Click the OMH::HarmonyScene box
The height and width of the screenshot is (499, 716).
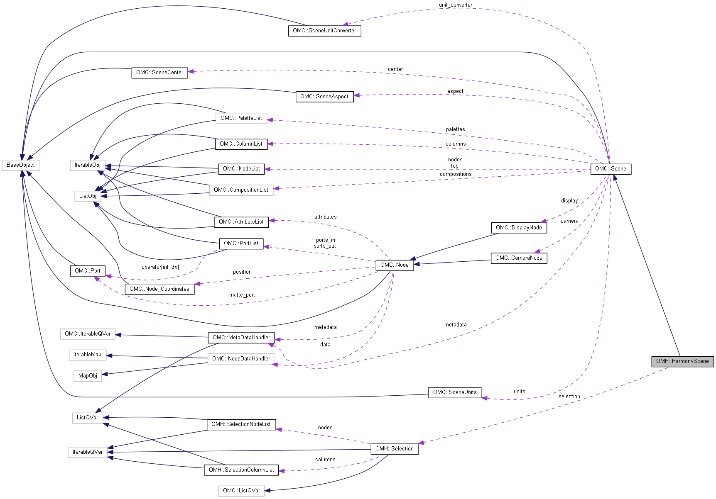pyautogui.click(x=682, y=361)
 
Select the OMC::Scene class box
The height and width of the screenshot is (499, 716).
pyautogui.click(x=611, y=169)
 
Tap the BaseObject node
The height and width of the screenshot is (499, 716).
pyautogui.click(x=21, y=165)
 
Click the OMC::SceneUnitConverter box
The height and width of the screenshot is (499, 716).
pyautogui.click(x=324, y=31)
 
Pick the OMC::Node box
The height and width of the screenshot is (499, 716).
pyautogui.click(x=395, y=265)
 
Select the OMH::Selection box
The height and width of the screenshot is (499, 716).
pyautogui.click(x=395, y=449)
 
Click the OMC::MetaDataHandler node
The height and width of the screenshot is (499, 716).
pyautogui.click(x=241, y=338)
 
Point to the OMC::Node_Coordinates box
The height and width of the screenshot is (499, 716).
pyautogui.click(x=159, y=289)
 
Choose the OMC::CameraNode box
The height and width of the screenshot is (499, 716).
pyautogui.click(x=519, y=258)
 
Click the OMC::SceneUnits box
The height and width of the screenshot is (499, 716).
pyautogui.click(x=455, y=392)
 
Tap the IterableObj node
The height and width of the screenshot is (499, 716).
pyautogui.click(x=88, y=165)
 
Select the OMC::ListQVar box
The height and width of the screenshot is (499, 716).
pyautogui.click(x=241, y=491)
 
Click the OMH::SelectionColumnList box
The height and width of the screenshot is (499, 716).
pyautogui.click(x=241, y=470)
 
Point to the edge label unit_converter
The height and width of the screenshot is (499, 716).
pyautogui.click(x=456, y=5)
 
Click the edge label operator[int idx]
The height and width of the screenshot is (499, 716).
pyautogui.click(x=160, y=267)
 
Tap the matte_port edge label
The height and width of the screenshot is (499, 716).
pyautogui.click(x=242, y=295)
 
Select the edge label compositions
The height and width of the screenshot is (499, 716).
pyautogui.click(x=456, y=174)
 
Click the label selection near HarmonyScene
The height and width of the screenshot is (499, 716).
pyautogui.click(x=569, y=397)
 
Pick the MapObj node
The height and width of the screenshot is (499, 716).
pyautogui.click(x=88, y=376)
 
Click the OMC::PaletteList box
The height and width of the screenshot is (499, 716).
pyautogui.click(x=241, y=118)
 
